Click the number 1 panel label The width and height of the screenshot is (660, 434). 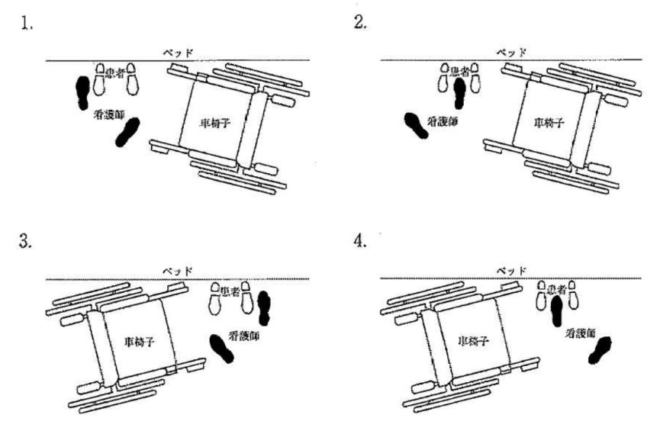coord(26,24)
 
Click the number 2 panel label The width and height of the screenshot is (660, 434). coord(360,22)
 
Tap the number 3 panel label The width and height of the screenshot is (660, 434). coord(25,242)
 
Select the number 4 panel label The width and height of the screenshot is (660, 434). coord(360,241)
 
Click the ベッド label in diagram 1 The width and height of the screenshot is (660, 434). coord(179,53)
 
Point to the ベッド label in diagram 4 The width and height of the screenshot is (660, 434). coord(511,270)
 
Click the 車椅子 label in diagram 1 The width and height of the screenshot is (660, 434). coord(215,124)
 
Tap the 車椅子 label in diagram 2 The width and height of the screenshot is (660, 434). coord(549,123)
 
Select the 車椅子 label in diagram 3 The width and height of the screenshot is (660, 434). coord(140,342)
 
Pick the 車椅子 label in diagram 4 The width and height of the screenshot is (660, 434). coord(474,340)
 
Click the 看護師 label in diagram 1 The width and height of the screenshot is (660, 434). coord(109,114)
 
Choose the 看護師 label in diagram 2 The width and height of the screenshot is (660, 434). coord(443,121)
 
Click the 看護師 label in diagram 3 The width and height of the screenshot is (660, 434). coord(243,336)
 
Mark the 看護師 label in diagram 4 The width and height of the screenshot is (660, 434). coord(581,333)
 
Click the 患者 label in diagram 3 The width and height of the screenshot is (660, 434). coord(230,291)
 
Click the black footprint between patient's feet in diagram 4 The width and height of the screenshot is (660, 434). coord(556,310)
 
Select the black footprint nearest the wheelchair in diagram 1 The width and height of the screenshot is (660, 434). coord(127,132)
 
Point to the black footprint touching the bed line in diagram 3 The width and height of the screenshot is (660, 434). coord(264,307)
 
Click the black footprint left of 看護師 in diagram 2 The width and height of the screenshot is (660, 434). coord(416,125)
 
